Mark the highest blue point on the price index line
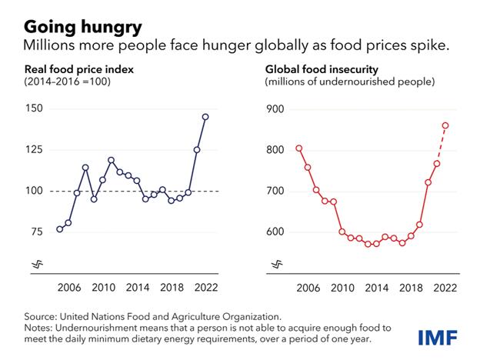pos(205,117)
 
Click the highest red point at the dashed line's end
pos(445,125)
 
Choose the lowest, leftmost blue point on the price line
pos(60,229)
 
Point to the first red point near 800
pos(299,148)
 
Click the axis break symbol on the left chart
pos(36,265)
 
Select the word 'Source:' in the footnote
pos(42,315)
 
